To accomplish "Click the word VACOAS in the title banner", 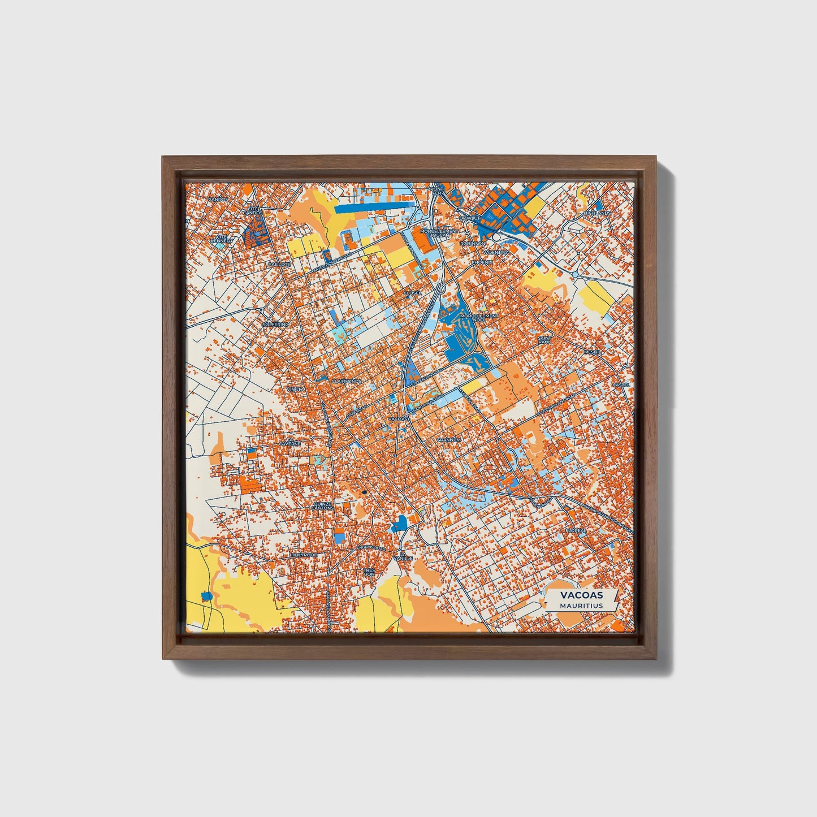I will (x=581, y=595).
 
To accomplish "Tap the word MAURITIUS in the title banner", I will (x=581, y=606).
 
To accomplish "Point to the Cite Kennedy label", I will (x=221, y=239).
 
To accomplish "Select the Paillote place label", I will (x=279, y=264).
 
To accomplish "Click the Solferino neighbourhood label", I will (x=276, y=325).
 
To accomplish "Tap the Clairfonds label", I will (x=346, y=382).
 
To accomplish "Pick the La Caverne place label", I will (x=292, y=442).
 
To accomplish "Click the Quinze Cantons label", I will (x=322, y=505).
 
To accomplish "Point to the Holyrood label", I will (x=304, y=555).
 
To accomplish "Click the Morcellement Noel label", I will (x=479, y=317).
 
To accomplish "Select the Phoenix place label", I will (x=482, y=262).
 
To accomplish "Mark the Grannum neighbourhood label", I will (x=449, y=439).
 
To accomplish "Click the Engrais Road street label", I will (x=370, y=548).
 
